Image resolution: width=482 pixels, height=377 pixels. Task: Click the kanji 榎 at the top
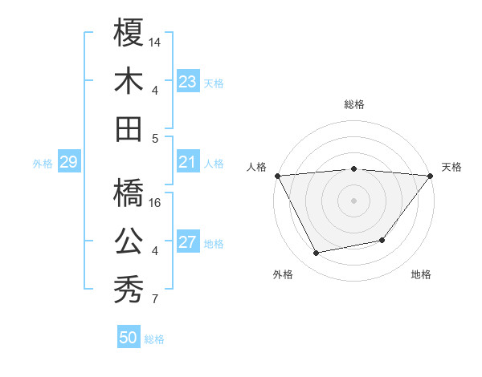point(129,34)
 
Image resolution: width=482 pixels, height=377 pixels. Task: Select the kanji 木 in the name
point(129,81)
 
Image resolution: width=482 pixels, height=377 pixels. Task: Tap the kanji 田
point(129,128)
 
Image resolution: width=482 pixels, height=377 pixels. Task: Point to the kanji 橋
point(129,192)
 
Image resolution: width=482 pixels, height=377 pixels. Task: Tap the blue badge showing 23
point(188,82)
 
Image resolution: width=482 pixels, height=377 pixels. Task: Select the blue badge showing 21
point(188,163)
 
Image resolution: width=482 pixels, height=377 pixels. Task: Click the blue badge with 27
point(188,243)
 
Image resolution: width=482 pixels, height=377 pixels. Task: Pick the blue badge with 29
point(68,163)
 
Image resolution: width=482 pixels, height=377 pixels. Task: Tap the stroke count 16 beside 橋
point(156,202)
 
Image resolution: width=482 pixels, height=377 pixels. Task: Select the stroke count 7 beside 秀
point(154,300)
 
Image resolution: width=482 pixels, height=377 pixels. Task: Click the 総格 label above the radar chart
point(353,104)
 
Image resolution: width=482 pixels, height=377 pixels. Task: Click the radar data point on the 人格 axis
point(276,175)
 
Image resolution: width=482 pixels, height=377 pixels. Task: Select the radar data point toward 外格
point(317,253)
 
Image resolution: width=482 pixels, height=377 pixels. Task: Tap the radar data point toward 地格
point(382,240)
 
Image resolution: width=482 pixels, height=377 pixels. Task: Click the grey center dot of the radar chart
point(353,200)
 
